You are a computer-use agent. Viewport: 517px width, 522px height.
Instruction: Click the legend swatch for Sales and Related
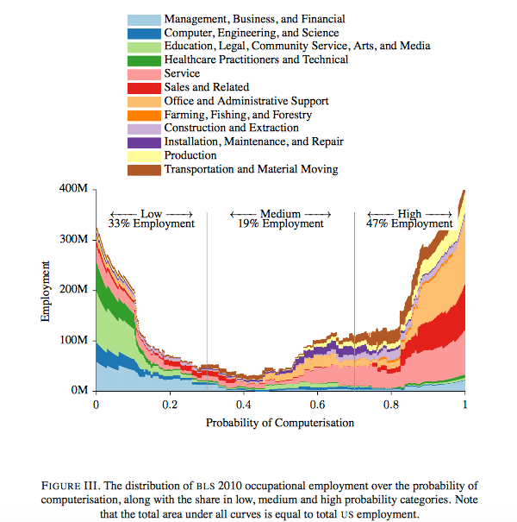click(143, 87)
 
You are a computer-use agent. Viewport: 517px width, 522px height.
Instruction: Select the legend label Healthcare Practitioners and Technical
click(256, 60)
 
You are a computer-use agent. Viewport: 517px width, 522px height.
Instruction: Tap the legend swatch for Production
click(143, 156)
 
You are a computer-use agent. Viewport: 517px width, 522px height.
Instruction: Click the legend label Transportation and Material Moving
click(251, 170)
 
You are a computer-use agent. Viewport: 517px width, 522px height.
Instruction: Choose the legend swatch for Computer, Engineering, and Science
click(143, 32)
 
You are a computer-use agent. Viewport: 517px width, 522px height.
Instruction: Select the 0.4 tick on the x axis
click(244, 404)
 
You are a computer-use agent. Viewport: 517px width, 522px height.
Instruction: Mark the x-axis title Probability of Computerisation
click(280, 422)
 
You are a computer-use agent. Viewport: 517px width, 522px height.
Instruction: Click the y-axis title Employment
click(45, 290)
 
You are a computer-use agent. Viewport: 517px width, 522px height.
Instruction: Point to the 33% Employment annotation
click(151, 223)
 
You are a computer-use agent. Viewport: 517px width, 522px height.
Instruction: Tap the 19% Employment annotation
click(281, 223)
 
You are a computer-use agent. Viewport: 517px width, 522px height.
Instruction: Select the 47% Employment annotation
click(409, 223)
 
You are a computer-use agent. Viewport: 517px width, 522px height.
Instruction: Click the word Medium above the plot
click(281, 212)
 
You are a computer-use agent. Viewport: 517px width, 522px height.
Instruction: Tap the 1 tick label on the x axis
click(465, 404)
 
